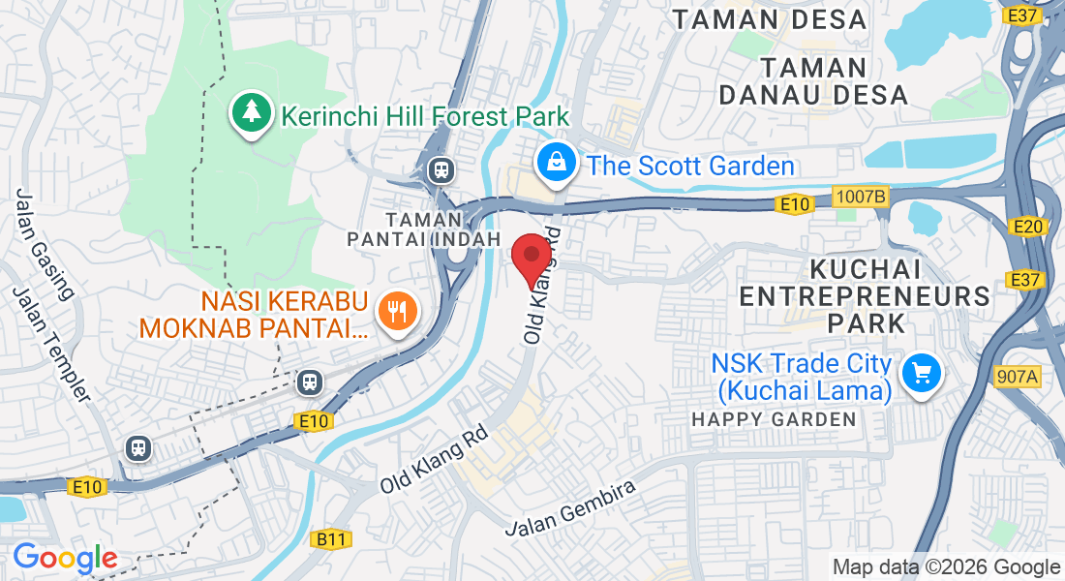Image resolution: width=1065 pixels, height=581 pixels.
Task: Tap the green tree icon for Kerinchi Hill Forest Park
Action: click(x=252, y=112)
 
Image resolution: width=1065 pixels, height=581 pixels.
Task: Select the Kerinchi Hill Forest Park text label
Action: click(x=425, y=117)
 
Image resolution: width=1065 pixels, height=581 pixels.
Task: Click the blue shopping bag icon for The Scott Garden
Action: click(x=558, y=162)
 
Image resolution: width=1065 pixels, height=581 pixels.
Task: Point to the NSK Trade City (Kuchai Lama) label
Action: click(x=802, y=377)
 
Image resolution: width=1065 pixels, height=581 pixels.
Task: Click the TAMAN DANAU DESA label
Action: click(x=812, y=81)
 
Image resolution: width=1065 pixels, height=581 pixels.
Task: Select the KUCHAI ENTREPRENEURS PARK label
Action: click(x=865, y=295)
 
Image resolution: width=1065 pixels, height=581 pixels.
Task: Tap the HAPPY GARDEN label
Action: click(x=775, y=419)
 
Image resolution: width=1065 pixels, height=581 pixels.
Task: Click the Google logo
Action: click(x=65, y=558)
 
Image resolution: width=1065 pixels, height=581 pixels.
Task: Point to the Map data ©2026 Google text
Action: click(x=946, y=567)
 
